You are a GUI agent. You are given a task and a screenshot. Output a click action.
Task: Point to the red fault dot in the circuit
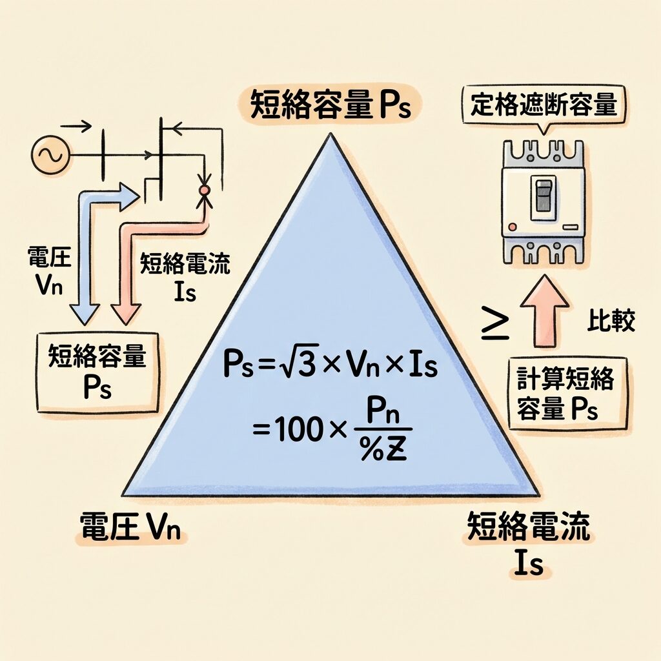point(204,190)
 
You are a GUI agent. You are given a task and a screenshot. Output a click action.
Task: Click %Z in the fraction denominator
point(382,450)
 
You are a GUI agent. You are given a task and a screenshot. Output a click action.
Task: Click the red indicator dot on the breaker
point(512,227)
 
